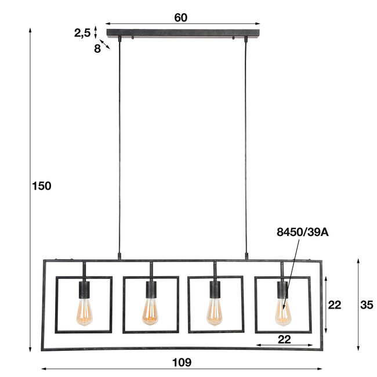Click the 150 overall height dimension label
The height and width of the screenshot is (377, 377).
click(42, 186)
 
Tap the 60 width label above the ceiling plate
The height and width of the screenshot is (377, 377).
click(181, 17)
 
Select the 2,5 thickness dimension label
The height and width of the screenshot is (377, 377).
click(82, 33)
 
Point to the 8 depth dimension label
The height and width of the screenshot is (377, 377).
click(97, 49)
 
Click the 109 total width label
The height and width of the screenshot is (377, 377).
click(182, 362)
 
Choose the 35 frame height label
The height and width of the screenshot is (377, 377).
click(366, 304)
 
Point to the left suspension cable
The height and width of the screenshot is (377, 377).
click(119, 145)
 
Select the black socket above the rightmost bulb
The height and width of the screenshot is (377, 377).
click(282, 289)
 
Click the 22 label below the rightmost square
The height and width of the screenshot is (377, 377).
click(284, 339)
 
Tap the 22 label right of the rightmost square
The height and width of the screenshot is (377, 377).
click(335, 304)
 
